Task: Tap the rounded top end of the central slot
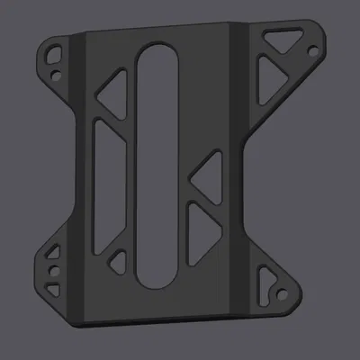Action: pos(157,58)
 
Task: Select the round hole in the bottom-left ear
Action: pos(54,269)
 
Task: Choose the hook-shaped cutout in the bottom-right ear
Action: pos(265,283)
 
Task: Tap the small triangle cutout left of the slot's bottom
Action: pos(117,264)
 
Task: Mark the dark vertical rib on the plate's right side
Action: pos(240,171)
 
